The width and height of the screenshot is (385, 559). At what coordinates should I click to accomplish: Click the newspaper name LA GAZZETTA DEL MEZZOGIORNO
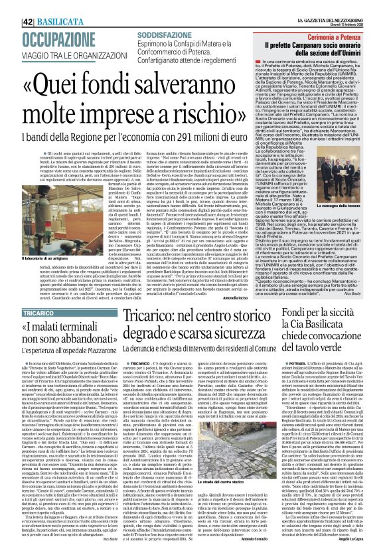(x=322, y=4)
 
